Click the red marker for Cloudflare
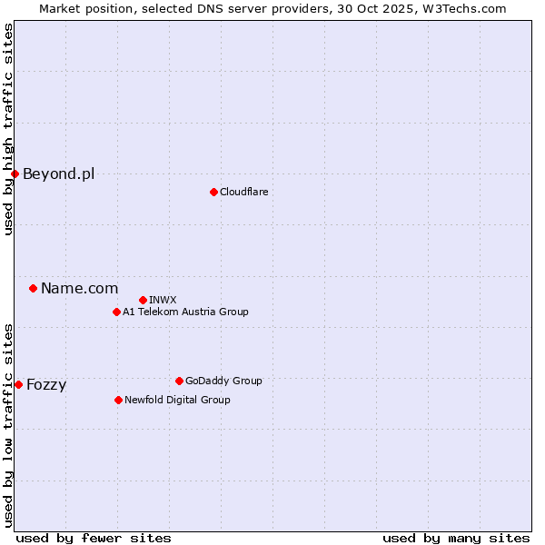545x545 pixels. [x=213, y=192]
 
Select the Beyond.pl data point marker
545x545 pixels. [x=15, y=173]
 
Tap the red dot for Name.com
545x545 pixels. [x=33, y=288]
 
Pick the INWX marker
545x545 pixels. [x=143, y=300]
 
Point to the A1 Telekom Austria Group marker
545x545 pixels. [x=116, y=312]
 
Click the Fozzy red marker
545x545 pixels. [x=18, y=384]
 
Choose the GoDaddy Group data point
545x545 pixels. [x=179, y=381]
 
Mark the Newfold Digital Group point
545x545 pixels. [x=118, y=400]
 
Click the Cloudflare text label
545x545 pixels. [x=243, y=192]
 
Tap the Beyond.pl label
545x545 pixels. [x=58, y=173]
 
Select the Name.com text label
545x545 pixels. [x=79, y=288]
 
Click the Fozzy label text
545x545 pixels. [x=46, y=384]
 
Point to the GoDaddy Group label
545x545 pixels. [x=223, y=381]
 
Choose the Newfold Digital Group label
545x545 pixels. [x=177, y=400]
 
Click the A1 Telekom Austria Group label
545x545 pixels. [x=185, y=312]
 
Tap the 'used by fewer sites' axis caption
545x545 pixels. [x=94, y=538]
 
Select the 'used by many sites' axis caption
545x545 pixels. [x=456, y=538]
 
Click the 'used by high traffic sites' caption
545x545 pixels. [x=9, y=129]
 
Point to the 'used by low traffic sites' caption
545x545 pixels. [x=9, y=424]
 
